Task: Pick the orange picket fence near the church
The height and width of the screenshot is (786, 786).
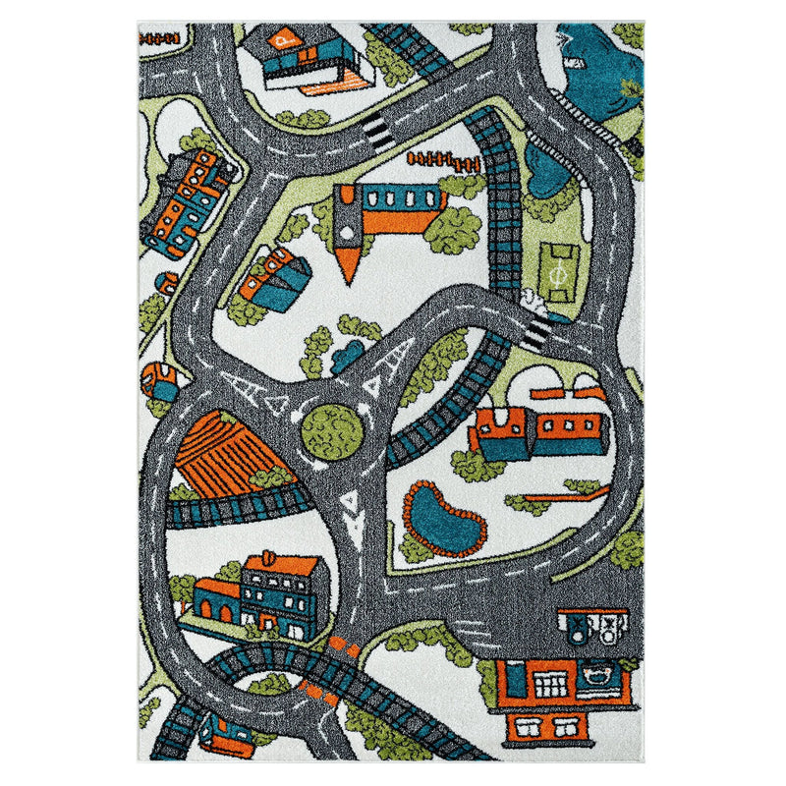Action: point(433,157)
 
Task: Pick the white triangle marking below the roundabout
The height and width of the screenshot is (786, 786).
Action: point(350,505)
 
